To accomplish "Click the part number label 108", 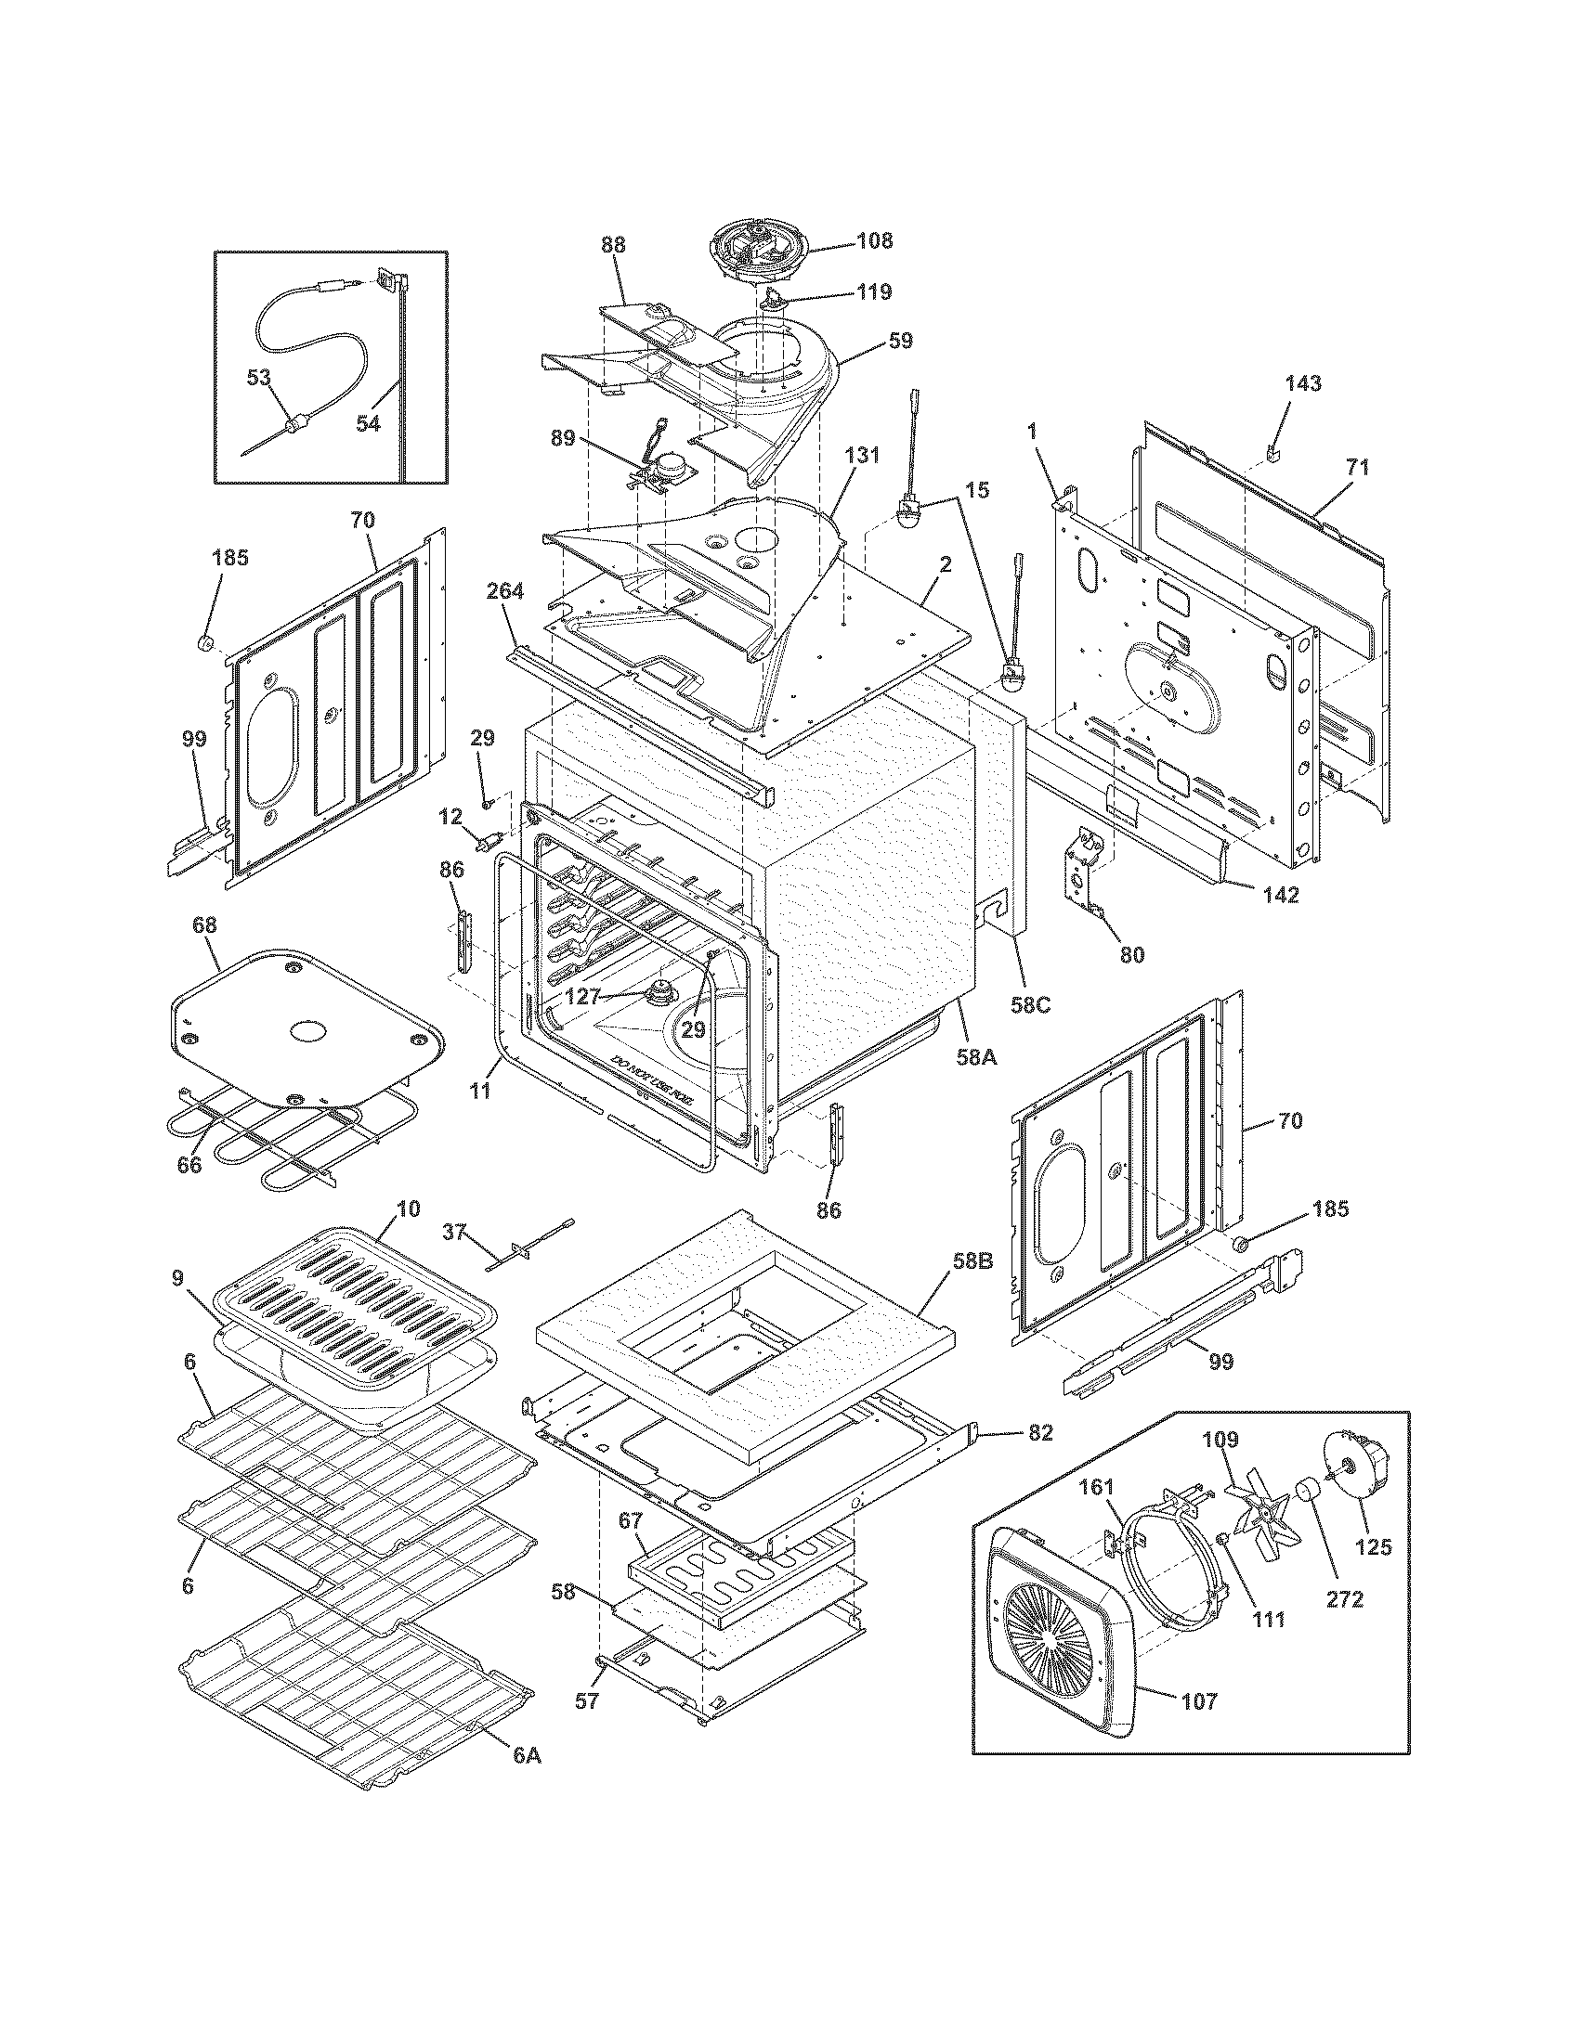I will coord(874,241).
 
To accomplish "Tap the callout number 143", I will coord(1303,383).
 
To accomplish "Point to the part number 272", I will coord(1344,1600).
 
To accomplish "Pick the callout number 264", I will coord(505,591).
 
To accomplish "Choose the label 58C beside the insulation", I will coord(1030,1005).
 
